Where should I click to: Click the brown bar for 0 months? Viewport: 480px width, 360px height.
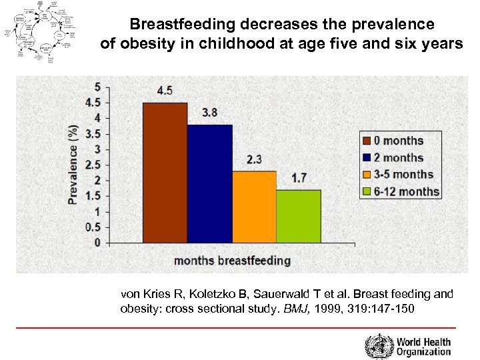(165, 172)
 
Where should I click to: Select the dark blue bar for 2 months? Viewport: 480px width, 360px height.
(209, 183)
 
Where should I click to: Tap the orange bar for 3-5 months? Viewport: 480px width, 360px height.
(254, 207)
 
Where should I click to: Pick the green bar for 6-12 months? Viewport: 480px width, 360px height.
(298, 216)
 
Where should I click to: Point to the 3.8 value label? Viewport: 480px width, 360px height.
(209, 113)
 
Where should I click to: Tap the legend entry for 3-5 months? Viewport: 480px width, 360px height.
(398, 175)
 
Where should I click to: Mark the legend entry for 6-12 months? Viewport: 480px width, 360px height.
(401, 192)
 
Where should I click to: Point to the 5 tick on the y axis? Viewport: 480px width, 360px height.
(98, 87)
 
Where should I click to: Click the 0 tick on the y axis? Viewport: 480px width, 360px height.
(98, 243)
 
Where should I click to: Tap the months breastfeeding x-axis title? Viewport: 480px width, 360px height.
(232, 260)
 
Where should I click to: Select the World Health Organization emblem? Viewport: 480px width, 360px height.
(378, 346)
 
